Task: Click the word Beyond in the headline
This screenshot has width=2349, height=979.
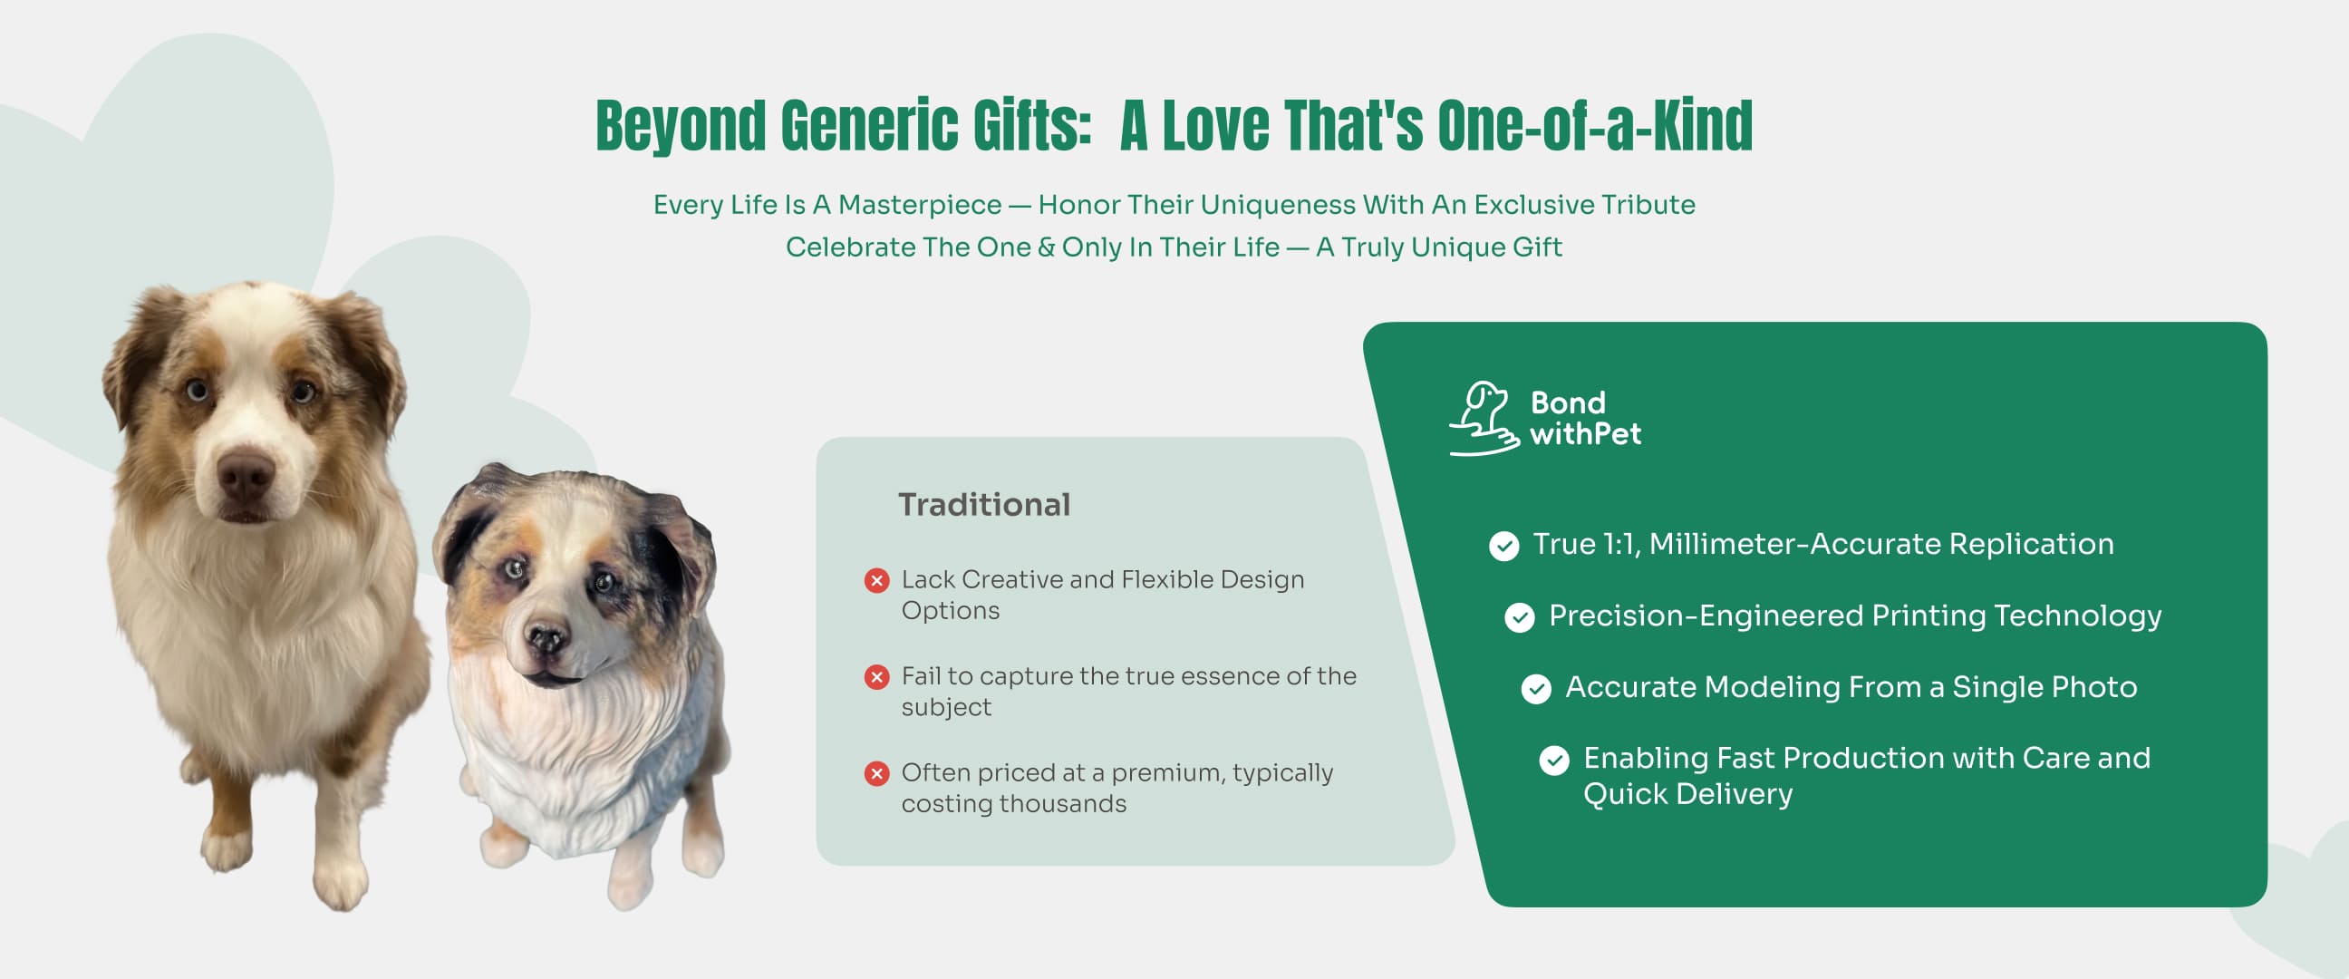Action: point(681,126)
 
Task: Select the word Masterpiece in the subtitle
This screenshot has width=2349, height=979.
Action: point(919,205)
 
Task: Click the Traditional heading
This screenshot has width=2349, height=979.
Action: point(984,505)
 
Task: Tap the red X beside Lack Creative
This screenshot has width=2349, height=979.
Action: point(877,580)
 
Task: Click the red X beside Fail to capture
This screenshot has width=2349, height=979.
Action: point(877,677)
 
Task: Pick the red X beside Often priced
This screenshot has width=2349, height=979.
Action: point(877,774)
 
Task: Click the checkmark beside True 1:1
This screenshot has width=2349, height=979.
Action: point(1503,546)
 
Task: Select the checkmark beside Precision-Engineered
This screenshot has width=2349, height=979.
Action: point(1519,617)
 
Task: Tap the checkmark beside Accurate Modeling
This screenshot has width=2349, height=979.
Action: point(1536,689)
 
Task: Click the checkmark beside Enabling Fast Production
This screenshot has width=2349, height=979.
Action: point(1554,760)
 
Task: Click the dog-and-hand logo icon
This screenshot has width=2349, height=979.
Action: point(1484,419)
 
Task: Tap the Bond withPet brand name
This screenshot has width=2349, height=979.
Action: point(1585,418)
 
